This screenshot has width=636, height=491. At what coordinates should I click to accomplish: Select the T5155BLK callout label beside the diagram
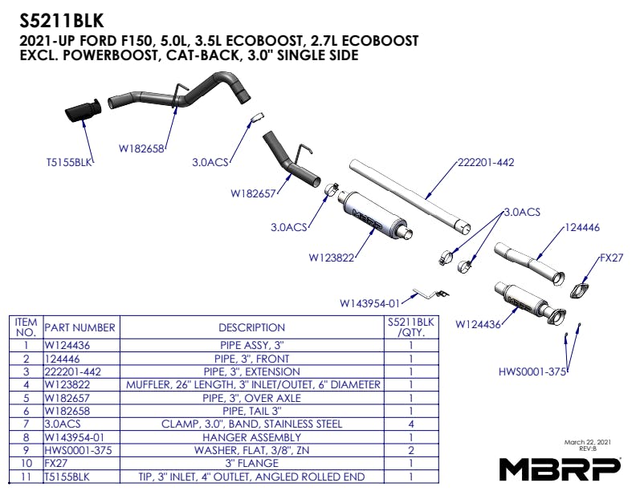[70, 161]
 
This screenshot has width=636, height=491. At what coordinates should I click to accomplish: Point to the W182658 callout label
[141, 148]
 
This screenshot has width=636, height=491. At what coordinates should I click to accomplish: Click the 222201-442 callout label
[485, 162]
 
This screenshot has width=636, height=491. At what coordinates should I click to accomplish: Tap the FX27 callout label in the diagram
[612, 260]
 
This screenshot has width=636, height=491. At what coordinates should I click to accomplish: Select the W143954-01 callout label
[369, 303]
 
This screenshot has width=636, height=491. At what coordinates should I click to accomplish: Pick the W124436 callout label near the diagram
[478, 325]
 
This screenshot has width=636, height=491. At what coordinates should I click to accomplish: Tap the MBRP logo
[561, 468]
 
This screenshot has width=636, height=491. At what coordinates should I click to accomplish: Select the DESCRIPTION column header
[251, 327]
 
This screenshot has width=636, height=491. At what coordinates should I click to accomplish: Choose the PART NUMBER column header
[79, 327]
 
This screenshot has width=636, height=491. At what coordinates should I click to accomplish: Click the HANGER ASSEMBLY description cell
[251, 437]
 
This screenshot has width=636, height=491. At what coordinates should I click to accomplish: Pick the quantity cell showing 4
[410, 424]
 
